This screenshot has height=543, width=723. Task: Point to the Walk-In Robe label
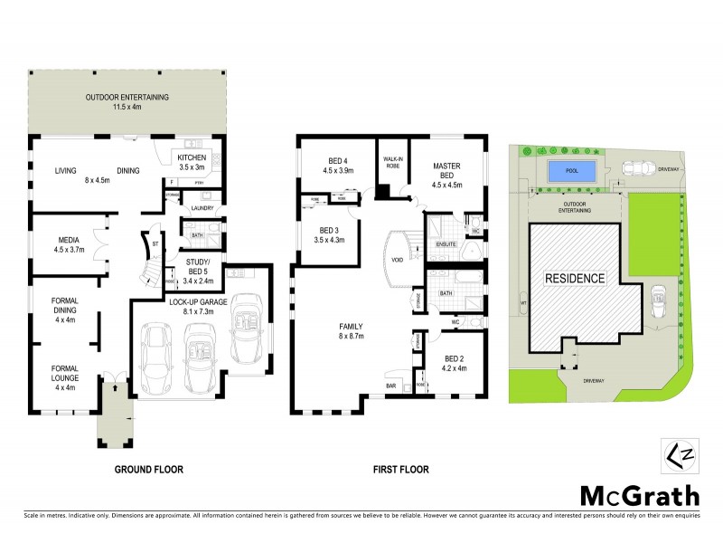(392, 163)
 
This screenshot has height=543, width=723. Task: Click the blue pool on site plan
(571, 170)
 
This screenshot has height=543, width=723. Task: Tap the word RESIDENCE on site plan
(574, 279)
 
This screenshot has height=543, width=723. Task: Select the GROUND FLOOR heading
(149, 470)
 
